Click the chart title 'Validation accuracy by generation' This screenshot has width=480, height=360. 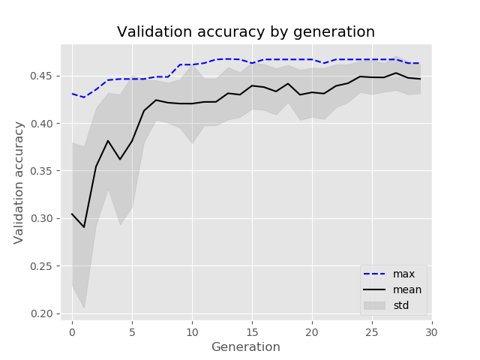point(246,32)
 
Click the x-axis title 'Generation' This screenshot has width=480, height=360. point(246,347)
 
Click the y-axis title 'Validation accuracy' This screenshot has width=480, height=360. point(19,182)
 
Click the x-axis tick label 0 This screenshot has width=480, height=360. point(72,331)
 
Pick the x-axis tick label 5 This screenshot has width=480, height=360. point(132,331)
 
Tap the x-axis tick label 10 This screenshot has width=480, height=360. point(192,331)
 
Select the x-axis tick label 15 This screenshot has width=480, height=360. point(252,331)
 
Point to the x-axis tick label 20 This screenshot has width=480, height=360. point(312,331)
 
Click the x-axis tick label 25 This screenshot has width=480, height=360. point(372,331)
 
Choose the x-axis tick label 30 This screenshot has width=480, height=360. point(432,331)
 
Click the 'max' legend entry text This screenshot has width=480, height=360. point(403,274)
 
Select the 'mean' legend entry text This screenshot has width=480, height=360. point(407,289)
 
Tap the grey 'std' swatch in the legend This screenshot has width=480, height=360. point(375,305)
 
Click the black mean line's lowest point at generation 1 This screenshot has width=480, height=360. point(84,227)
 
